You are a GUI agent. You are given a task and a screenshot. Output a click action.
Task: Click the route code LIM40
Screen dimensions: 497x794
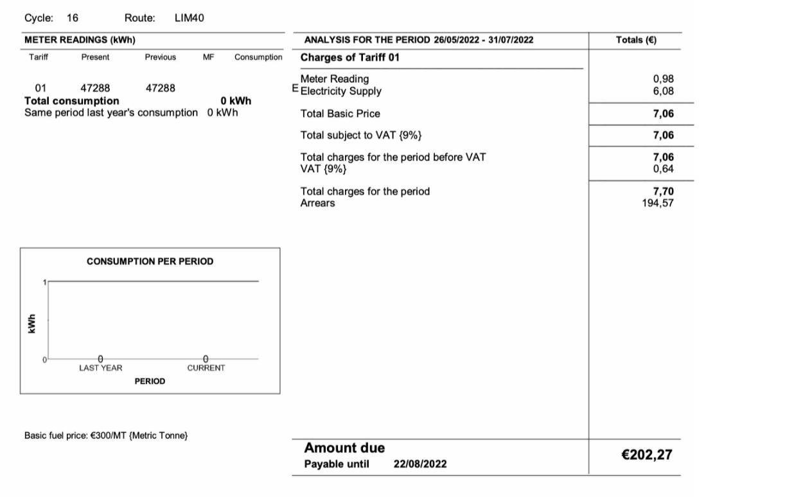[189, 18]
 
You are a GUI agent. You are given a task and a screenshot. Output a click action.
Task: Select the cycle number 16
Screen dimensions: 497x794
[73, 18]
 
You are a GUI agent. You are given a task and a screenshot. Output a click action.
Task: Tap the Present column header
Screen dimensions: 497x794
[95, 57]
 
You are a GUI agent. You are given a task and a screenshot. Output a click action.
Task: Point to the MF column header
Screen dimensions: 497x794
[208, 57]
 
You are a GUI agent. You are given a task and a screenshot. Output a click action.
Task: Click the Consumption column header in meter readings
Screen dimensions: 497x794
[258, 57]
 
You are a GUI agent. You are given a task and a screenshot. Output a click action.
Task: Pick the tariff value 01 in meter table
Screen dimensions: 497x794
[40, 88]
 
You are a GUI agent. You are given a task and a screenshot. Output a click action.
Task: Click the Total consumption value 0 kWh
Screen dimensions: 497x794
[235, 101]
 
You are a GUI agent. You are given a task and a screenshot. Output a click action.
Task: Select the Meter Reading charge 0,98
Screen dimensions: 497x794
[663, 79]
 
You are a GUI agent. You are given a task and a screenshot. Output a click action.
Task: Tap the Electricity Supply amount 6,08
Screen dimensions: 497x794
[663, 91]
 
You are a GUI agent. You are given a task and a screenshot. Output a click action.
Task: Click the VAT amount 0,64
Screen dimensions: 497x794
[663, 169]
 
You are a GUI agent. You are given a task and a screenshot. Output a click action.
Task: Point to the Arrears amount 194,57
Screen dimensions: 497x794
[658, 203]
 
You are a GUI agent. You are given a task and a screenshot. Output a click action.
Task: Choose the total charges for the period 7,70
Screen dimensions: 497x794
[663, 191]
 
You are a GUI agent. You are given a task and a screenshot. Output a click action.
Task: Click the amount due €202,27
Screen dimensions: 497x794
[646, 455]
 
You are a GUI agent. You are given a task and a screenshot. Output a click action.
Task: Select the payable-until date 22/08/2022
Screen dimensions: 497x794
[419, 464]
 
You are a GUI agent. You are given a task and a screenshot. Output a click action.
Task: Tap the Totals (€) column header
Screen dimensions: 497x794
[635, 40]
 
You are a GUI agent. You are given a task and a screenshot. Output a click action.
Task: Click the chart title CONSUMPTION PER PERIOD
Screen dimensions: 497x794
[150, 261]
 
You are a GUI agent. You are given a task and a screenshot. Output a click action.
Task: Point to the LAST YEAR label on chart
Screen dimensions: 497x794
[100, 368]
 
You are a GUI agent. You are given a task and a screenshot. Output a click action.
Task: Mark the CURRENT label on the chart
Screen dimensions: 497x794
[206, 368]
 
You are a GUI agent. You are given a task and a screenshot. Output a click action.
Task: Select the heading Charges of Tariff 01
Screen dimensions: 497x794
[349, 57]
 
